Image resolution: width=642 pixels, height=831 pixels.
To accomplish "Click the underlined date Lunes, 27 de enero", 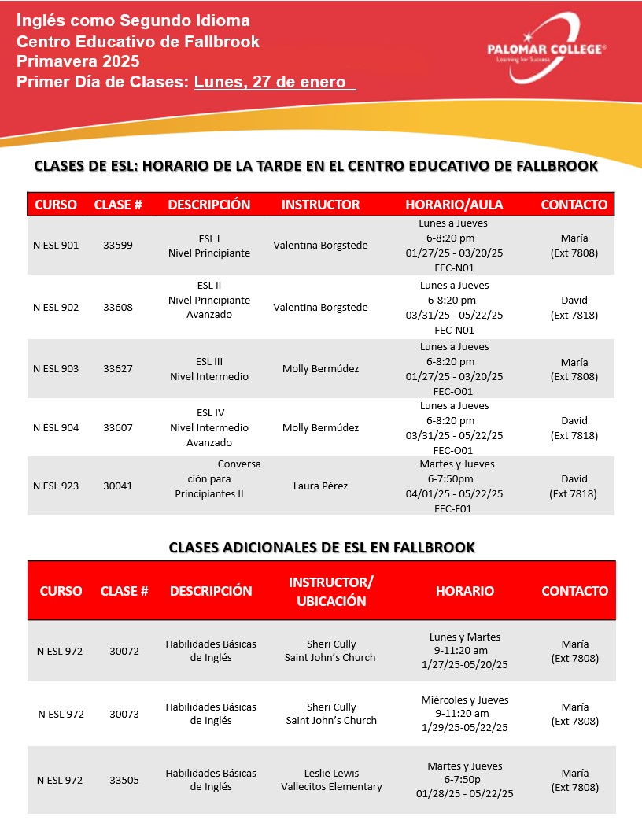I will pyautogui.click(x=275, y=81).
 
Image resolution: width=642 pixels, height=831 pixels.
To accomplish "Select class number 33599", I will pyautogui.click(x=118, y=246).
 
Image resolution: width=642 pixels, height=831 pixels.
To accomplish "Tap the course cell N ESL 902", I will pyautogui.click(x=56, y=308).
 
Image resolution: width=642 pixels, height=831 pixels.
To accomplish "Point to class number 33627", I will pyautogui.click(x=118, y=369).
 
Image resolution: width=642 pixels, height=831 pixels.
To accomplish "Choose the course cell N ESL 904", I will pyautogui.click(x=56, y=428).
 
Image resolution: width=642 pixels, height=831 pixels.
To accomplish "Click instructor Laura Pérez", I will pyautogui.click(x=320, y=486).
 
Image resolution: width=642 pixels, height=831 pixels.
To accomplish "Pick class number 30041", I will pyautogui.click(x=118, y=486).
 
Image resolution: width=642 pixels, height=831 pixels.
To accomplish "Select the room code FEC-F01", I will pyautogui.click(x=454, y=508).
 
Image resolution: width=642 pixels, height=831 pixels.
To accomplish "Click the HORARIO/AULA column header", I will pyautogui.click(x=454, y=205).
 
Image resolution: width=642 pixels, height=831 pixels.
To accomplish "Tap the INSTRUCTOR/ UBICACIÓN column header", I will pyautogui.click(x=331, y=591).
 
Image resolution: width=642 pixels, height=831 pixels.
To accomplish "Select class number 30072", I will pyautogui.click(x=124, y=651).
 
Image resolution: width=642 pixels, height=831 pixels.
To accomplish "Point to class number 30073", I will pyautogui.click(x=124, y=715).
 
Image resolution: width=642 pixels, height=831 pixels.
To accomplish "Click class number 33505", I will pyautogui.click(x=124, y=781).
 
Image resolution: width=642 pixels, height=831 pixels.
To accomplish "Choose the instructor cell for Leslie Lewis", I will pyautogui.click(x=331, y=780).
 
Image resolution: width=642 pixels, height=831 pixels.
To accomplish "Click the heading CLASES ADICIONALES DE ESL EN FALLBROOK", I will pyautogui.click(x=322, y=547).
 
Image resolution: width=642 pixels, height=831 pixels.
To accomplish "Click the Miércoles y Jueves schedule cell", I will pyautogui.click(x=465, y=714).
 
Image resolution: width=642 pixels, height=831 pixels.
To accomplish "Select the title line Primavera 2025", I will pyautogui.click(x=78, y=61).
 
